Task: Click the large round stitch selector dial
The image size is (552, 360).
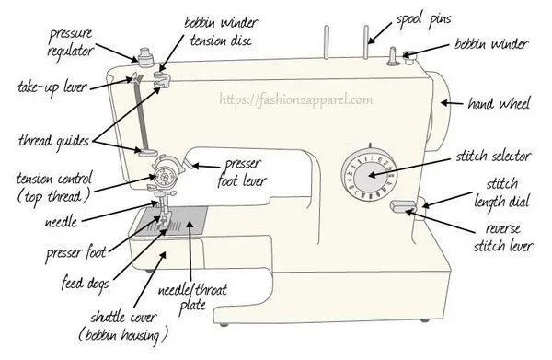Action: [366, 175]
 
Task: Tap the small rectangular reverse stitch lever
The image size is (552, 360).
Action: [401, 205]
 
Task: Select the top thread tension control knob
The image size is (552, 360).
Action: [167, 171]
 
